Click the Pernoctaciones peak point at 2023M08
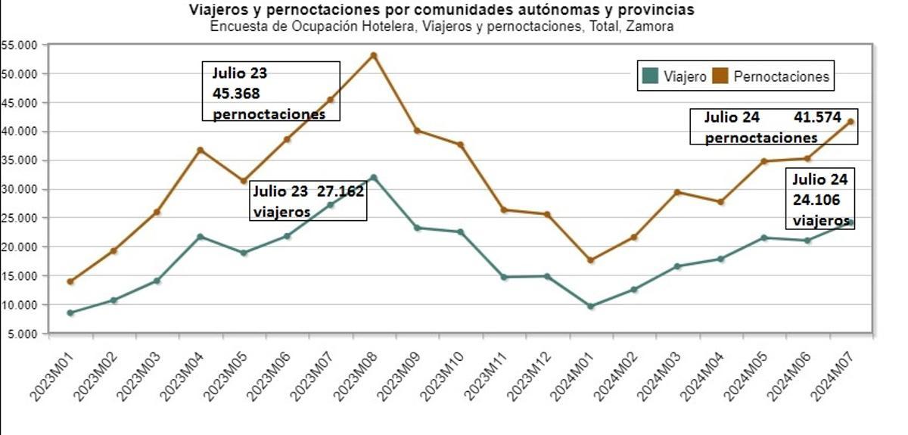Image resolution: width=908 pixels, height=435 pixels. point(373,55)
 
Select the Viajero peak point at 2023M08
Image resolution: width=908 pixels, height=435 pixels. point(373,177)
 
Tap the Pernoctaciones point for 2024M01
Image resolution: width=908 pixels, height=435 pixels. point(591,260)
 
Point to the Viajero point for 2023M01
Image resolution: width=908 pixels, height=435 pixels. point(70,312)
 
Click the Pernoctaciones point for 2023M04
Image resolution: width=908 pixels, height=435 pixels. point(201,150)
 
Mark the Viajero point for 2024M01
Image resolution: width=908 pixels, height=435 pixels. point(591,306)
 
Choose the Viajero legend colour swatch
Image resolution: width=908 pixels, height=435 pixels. point(649,76)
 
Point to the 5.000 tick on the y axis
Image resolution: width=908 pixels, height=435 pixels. point(22,334)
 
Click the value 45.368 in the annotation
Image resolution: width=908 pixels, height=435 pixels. point(236,94)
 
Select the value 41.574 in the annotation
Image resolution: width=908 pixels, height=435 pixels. point(817,117)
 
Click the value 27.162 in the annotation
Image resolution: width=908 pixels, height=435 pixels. point(340,191)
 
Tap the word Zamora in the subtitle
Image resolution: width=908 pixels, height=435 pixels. point(653,26)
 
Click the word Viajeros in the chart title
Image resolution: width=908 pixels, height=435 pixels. point(216,11)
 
